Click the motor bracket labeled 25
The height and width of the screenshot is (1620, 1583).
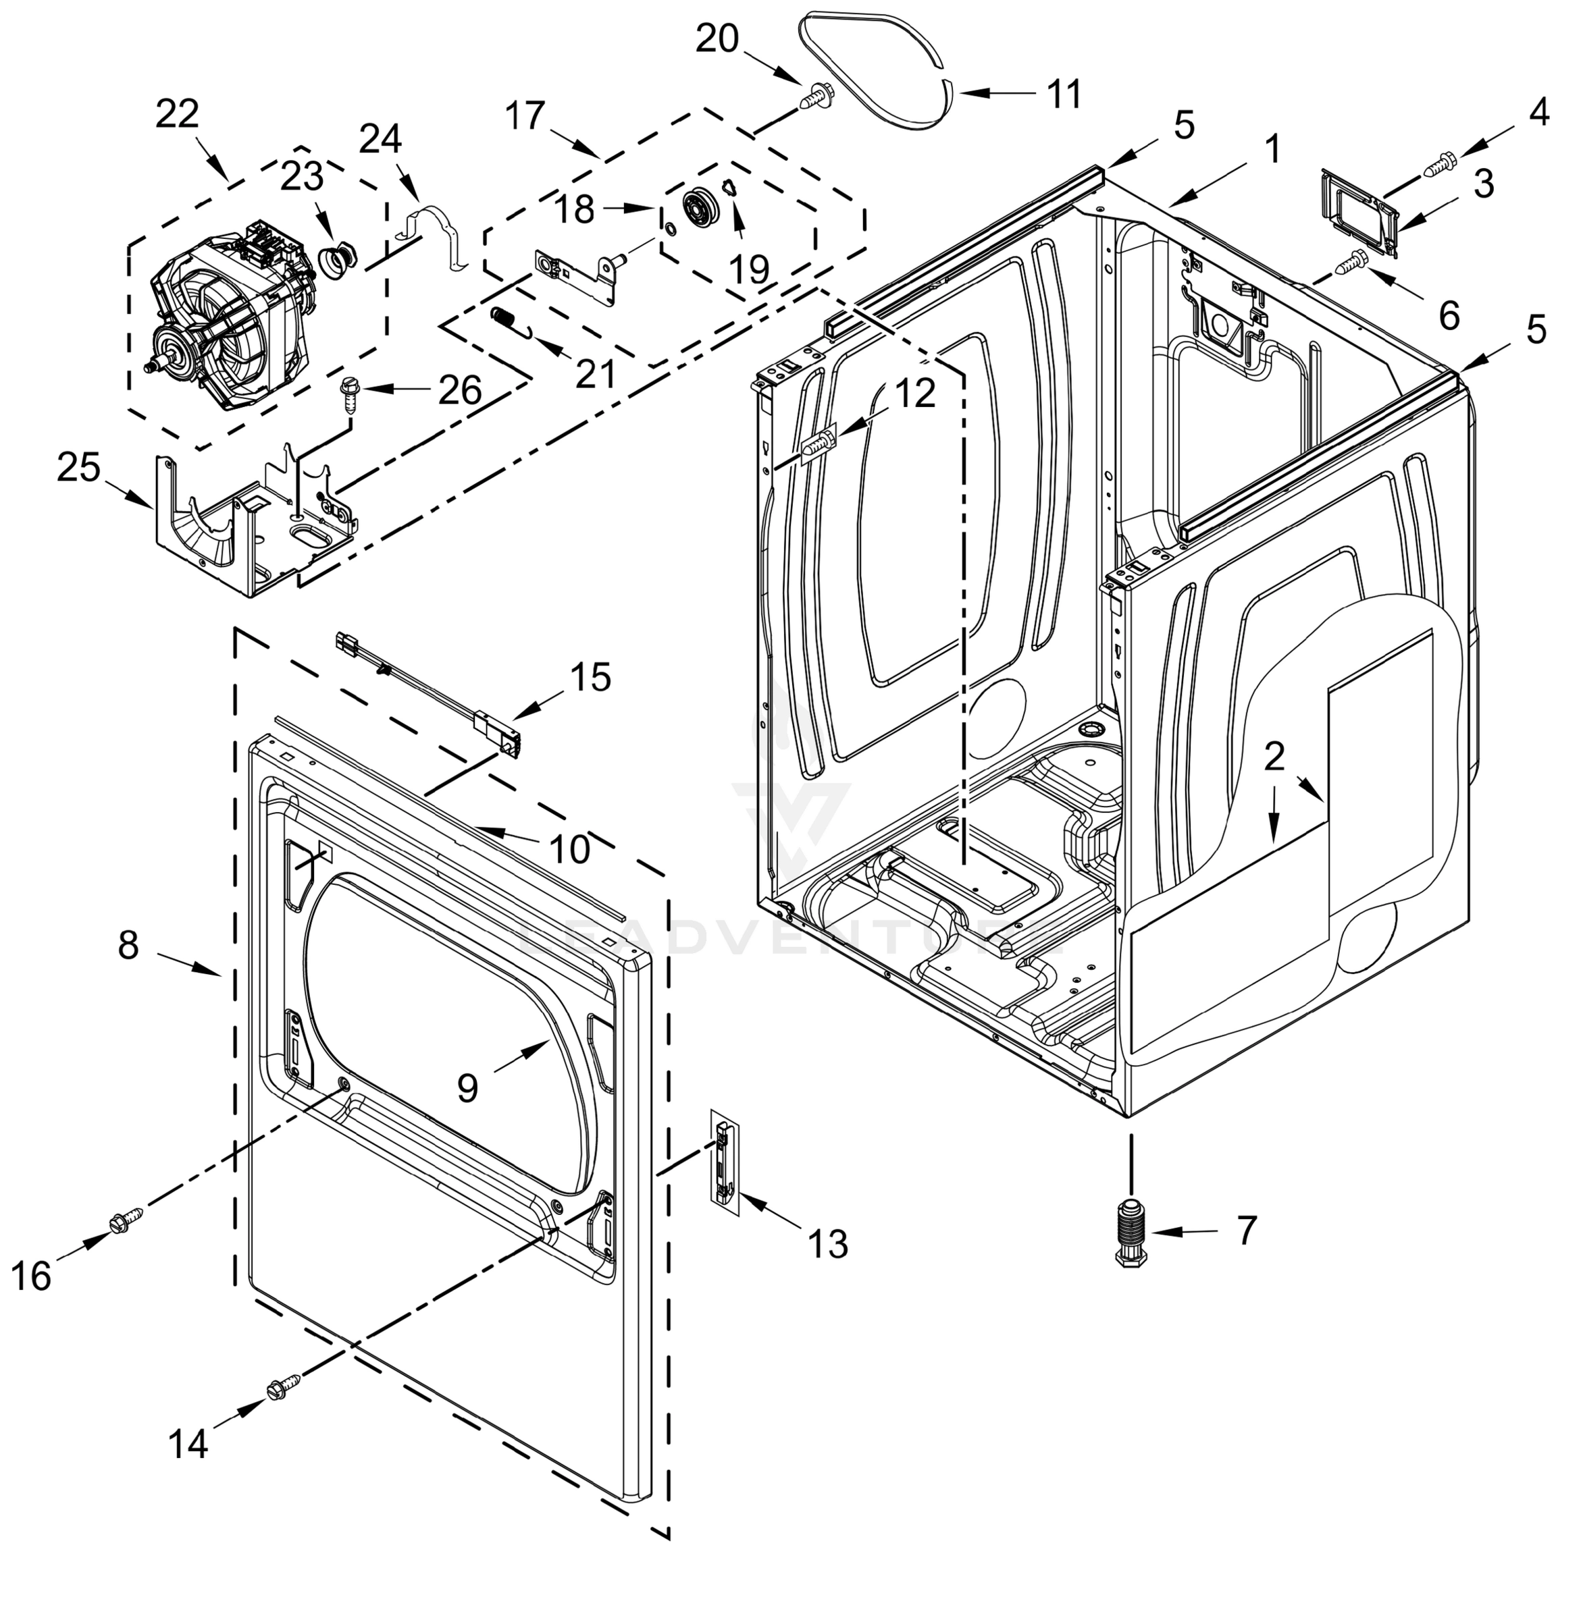[249, 524]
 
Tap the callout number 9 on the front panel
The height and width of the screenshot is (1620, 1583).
[467, 1086]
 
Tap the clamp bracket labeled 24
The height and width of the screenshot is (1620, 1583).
[436, 237]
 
